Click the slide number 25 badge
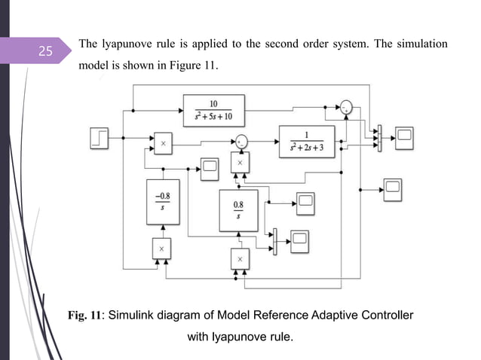45,52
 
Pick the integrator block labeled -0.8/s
162,202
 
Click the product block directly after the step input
162,141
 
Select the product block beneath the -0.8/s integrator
162,248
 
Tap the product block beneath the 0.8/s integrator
240,258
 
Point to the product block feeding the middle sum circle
240,163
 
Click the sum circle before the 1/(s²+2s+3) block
240,140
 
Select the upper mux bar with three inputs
379,135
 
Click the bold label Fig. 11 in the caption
84,314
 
